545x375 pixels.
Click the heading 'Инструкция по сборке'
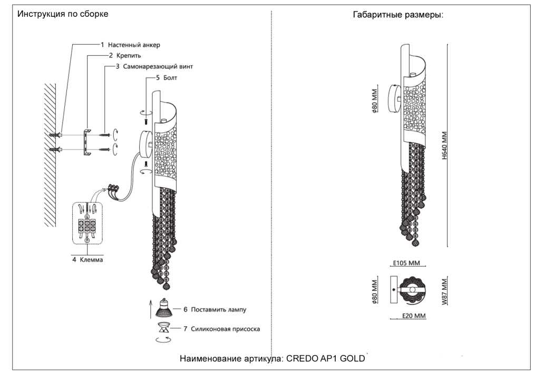(63, 14)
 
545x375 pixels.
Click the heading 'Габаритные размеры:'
(398, 15)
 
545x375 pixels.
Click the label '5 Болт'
(167, 78)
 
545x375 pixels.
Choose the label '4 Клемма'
(87, 260)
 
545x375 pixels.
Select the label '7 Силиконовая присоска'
(221, 329)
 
